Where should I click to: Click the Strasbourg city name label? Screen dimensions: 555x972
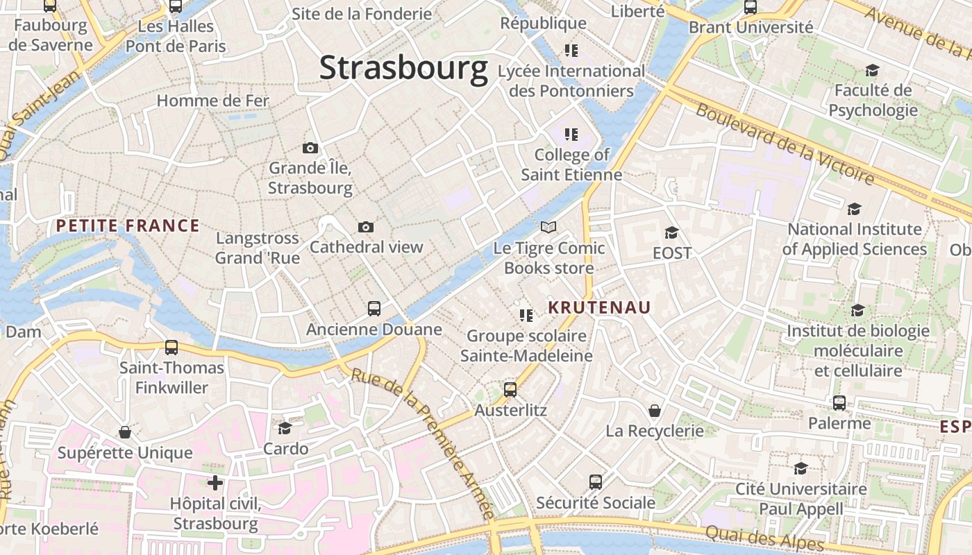click(x=403, y=68)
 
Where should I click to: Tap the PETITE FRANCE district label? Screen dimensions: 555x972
click(x=128, y=225)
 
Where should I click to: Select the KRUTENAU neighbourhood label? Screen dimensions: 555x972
click(x=599, y=307)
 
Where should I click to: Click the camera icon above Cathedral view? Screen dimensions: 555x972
click(x=366, y=227)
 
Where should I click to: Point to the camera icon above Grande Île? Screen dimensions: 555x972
click(x=310, y=148)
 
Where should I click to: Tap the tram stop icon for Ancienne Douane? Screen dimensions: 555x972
click(x=374, y=309)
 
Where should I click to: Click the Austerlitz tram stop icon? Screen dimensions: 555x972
click(x=510, y=389)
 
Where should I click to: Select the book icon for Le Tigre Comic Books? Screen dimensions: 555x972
click(x=548, y=227)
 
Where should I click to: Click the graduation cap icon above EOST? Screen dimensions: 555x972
click(x=671, y=232)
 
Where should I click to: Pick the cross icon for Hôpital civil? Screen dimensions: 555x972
click(x=215, y=482)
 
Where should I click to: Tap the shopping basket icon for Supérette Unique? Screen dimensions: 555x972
click(x=125, y=432)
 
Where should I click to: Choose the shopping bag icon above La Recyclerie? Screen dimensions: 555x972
click(x=654, y=411)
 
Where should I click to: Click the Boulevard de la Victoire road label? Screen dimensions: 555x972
click(x=785, y=144)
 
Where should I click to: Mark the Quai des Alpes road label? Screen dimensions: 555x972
click(x=764, y=537)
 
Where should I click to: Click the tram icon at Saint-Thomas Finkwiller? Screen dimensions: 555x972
click(x=171, y=347)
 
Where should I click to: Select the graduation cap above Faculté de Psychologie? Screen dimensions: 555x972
click(x=872, y=70)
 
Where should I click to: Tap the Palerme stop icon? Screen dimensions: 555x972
click(x=839, y=402)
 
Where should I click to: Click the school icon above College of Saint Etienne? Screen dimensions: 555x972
click(x=571, y=134)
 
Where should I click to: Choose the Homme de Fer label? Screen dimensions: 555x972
click(x=212, y=101)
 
